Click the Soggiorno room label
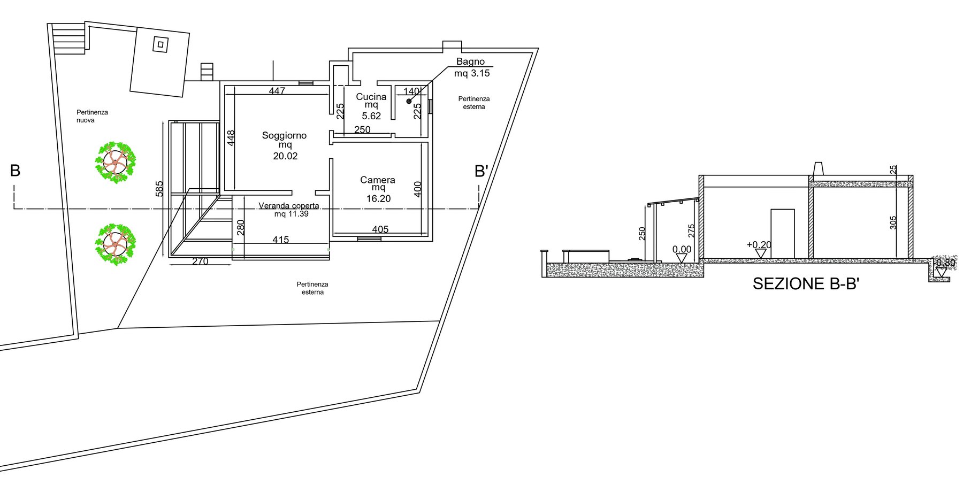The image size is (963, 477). pos(284,136)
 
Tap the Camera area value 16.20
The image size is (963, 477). pos(378,198)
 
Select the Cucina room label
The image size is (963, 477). pos(371,97)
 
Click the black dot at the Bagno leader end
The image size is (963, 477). pos(409,101)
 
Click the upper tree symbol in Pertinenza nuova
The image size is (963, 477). pos(115,162)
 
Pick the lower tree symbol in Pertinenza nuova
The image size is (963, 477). pos(115,244)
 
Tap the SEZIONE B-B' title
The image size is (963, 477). pos(806,283)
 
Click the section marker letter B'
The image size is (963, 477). pos(481,171)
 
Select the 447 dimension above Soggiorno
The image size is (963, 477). pos(277,91)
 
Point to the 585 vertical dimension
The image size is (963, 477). pos(159,189)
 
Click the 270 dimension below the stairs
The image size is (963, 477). pos(200,261)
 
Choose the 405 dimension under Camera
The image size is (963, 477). pos(380,229)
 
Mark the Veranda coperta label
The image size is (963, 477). pos(289,206)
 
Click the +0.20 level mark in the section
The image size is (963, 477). pos(759,245)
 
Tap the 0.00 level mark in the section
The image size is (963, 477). pos(682,249)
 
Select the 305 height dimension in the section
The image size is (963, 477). pos(893,222)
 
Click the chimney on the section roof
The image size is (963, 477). pos(819,168)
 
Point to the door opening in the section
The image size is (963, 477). pos(782,234)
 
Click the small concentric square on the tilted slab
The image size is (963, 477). pos(160,44)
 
